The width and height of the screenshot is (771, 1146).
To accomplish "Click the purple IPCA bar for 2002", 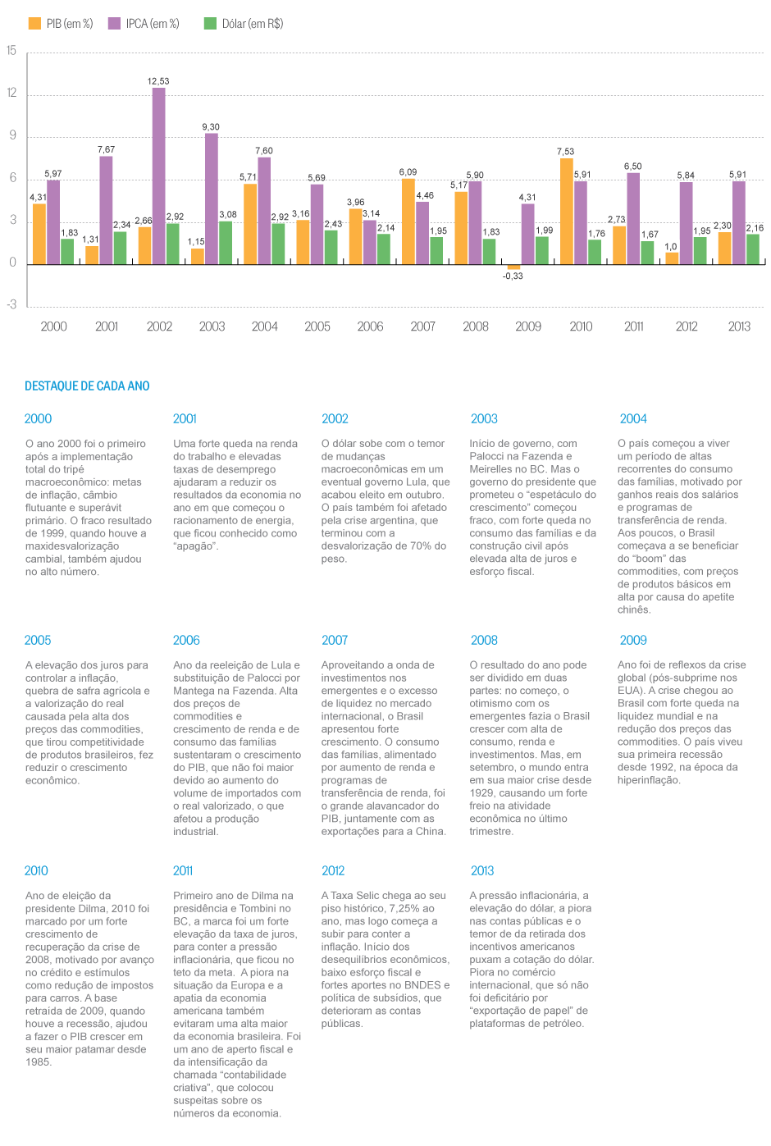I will click(x=159, y=176).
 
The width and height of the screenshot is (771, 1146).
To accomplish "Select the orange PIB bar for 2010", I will click(x=567, y=211).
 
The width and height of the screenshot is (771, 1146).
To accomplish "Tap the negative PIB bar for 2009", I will click(x=513, y=267).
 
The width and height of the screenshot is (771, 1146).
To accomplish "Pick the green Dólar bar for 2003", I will click(x=226, y=243).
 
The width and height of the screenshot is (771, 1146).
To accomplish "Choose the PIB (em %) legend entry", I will click(x=61, y=24).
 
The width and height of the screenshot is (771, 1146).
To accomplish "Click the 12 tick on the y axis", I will click(x=12, y=94).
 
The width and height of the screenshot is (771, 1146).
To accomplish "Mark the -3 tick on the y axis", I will click(x=11, y=305).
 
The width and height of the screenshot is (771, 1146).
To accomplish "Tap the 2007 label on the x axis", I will click(x=423, y=326).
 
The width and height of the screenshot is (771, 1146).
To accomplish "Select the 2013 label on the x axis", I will click(x=739, y=326).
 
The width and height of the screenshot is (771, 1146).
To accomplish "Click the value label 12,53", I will click(x=158, y=81).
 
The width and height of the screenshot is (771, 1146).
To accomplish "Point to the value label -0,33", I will click(x=513, y=276).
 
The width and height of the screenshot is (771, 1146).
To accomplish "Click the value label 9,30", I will click(x=211, y=127).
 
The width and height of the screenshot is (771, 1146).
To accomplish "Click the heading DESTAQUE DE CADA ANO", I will click(x=87, y=386).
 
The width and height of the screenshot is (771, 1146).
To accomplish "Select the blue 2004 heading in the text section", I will click(x=633, y=419).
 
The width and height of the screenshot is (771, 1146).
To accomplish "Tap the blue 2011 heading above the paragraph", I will click(x=183, y=871).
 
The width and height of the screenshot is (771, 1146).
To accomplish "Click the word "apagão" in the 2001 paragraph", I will click(x=196, y=546).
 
